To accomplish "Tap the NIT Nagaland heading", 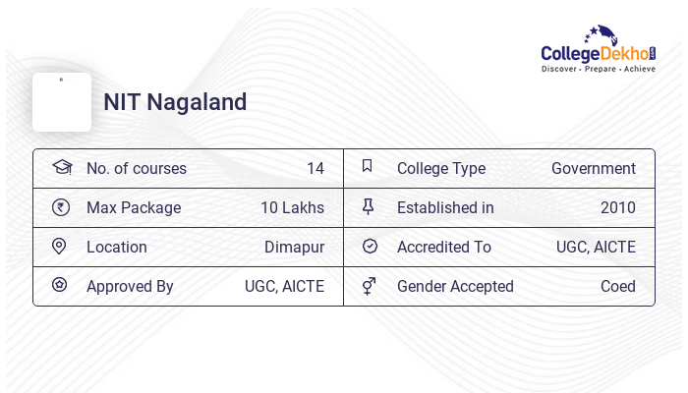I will [x=175, y=102].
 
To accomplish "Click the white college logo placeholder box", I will [x=62, y=102].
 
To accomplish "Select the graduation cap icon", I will [x=61, y=167].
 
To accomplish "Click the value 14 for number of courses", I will [x=315, y=169].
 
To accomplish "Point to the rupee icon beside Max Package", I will [x=61, y=207].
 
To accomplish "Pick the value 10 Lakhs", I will [x=292, y=208].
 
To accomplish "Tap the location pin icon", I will [x=59, y=247].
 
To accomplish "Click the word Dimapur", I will [x=294, y=248].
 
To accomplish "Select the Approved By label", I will [x=130, y=287].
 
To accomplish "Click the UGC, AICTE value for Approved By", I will [x=284, y=287].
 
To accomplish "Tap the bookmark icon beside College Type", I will [x=368, y=166].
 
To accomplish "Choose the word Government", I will [x=593, y=169].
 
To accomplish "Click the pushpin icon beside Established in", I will [x=369, y=206].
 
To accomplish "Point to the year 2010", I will [x=617, y=208].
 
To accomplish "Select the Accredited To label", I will [x=444, y=248].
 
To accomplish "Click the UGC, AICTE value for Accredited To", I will [x=596, y=248].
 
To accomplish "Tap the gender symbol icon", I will [x=369, y=286].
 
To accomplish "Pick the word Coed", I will [x=617, y=287].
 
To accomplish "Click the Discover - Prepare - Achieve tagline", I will [x=598, y=69].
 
